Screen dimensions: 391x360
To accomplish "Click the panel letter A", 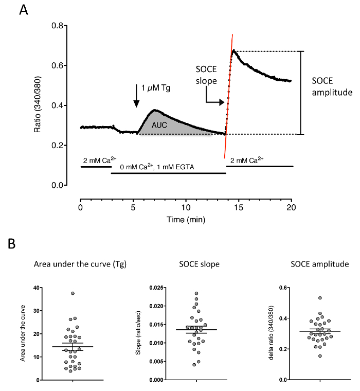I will [24, 10].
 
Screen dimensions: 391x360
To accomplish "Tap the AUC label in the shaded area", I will [157, 125].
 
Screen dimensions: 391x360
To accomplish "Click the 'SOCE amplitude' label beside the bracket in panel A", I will [332, 87].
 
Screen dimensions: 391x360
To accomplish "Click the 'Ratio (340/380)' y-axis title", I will [38, 105].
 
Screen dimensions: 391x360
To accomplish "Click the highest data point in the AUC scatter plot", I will [73, 293].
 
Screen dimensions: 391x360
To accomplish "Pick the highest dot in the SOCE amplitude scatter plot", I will [320, 298].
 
